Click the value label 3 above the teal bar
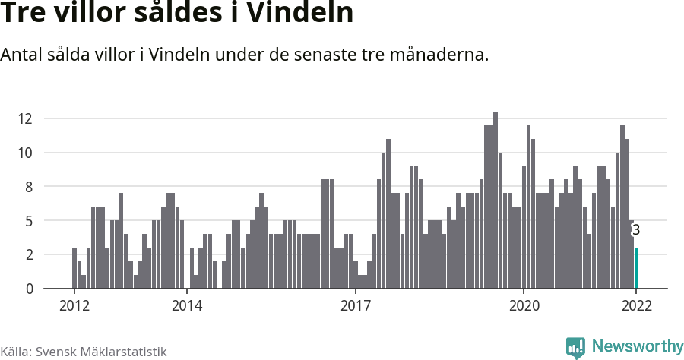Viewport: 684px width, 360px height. [636, 230]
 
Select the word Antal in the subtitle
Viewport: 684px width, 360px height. [22, 55]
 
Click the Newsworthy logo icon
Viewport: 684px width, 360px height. [575, 348]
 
